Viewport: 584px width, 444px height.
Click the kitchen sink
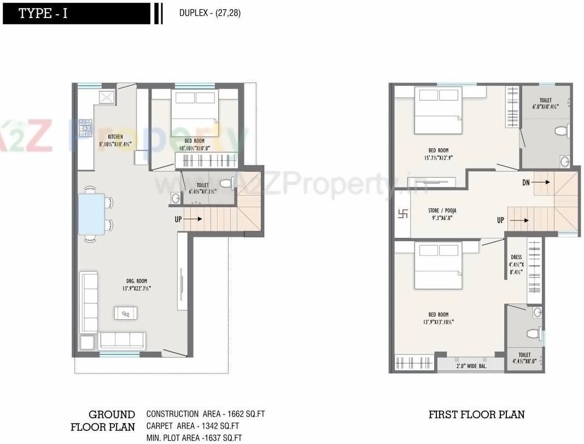[107, 97]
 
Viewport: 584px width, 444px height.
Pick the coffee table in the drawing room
[126, 313]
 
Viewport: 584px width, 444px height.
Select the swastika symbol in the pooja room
[402, 214]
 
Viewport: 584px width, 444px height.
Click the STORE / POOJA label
[442, 214]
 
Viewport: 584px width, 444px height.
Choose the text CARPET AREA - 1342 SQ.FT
[193, 426]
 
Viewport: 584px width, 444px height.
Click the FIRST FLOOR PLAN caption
[476, 414]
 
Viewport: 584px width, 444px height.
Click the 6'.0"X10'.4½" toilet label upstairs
[545, 104]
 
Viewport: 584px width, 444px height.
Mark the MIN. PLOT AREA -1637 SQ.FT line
[194, 437]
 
